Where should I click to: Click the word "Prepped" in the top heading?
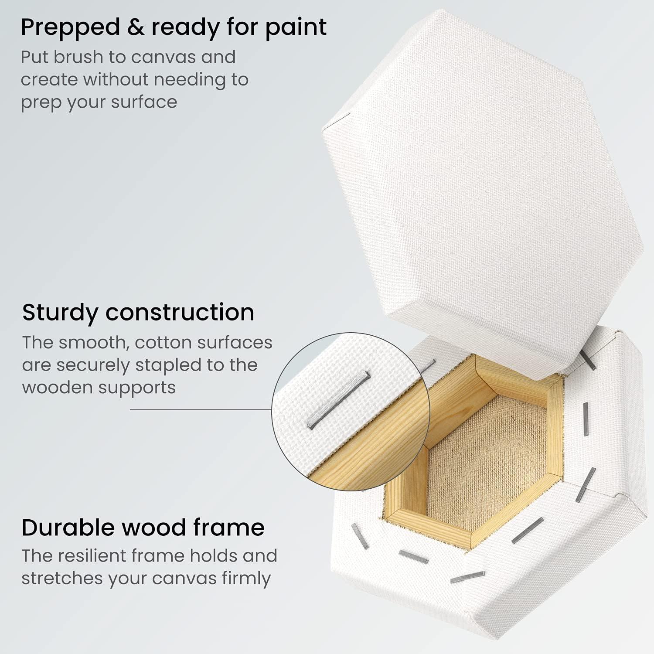65,28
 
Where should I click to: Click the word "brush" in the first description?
89,57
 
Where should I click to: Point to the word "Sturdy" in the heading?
60,313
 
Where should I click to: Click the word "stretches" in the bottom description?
61,579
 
